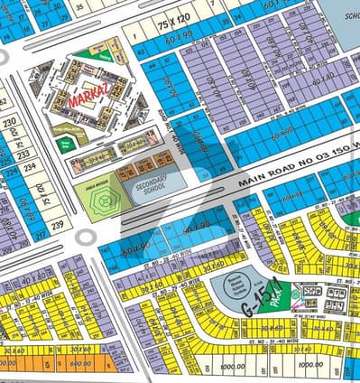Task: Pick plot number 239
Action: click(57, 224)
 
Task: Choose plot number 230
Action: click(11, 123)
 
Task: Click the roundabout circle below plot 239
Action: click(86, 237)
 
